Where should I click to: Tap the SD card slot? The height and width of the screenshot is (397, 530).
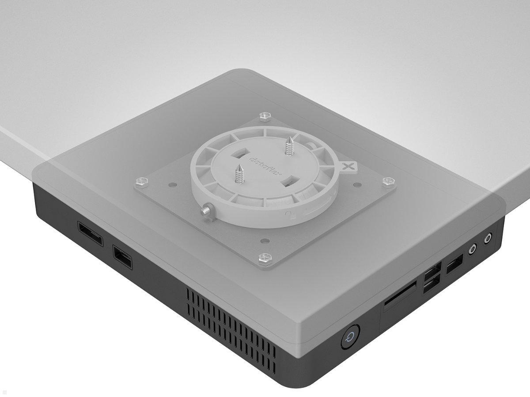pos(400,293)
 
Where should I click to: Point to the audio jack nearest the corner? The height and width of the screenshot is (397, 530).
pos(488,239)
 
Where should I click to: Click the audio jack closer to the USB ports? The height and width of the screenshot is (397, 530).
pos(473,249)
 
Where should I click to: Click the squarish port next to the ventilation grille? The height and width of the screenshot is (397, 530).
pos(122,257)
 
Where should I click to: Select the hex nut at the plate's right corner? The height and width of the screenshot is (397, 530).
pos(388,182)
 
